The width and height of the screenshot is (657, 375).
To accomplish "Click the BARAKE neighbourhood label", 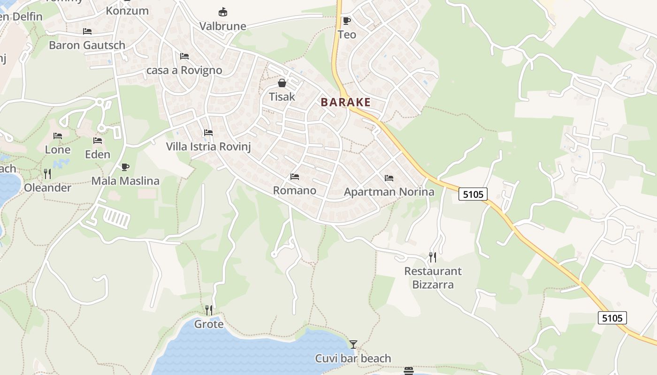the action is (346, 102).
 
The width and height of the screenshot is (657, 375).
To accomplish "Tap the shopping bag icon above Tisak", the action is (282, 83).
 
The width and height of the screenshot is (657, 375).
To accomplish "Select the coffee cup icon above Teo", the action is (347, 21).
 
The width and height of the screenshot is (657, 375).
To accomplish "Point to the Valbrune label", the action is (223, 26).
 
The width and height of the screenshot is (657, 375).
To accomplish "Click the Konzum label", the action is (127, 11).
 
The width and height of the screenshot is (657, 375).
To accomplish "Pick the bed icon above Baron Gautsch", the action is (87, 31).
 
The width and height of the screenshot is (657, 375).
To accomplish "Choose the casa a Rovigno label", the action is (184, 71).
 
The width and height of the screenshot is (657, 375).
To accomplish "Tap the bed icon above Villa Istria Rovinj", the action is (208, 133).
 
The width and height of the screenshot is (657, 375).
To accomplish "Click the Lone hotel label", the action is (58, 150).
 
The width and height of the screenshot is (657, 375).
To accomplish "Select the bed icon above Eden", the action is (98, 141).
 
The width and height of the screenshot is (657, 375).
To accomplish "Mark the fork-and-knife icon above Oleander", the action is (47, 174).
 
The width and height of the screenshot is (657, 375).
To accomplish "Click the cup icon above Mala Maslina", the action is (125, 167).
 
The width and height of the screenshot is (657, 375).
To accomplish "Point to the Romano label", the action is (295, 191).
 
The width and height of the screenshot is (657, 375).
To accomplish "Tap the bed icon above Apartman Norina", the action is (389, 178).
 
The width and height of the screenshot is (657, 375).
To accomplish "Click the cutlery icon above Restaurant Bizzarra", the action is (433, 257).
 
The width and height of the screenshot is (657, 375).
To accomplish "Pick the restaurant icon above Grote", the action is (209, 310).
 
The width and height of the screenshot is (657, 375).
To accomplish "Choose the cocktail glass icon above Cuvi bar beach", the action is (353, 345).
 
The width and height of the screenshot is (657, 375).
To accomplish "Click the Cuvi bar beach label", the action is (353, 359).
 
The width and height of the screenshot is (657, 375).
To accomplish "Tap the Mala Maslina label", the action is (125, 181).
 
